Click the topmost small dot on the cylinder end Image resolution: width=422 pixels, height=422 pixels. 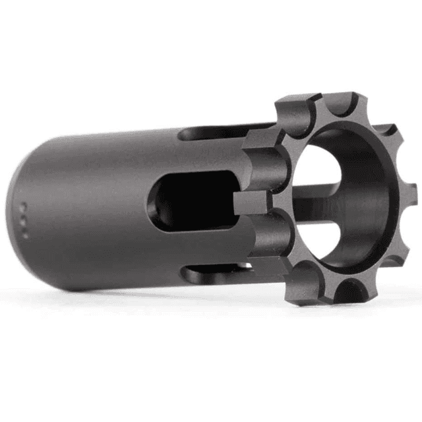click(x=23, y=205)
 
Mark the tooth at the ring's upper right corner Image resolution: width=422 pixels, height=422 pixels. click(x=389, y=132)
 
